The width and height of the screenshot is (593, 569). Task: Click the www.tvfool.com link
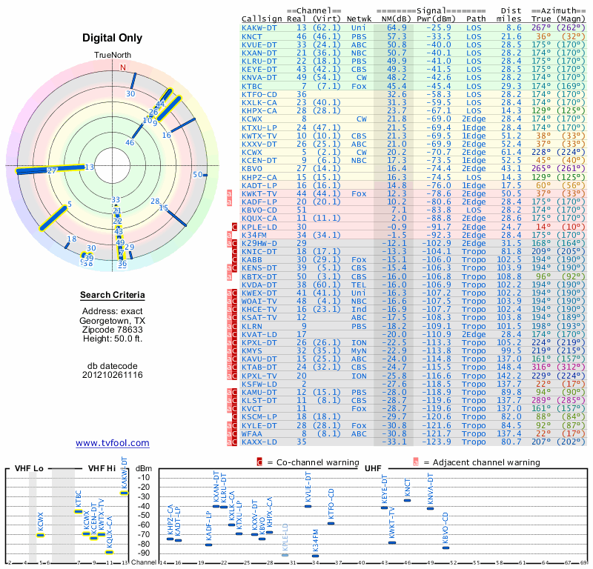point(113,443)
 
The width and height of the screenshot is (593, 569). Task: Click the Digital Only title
point(113,38)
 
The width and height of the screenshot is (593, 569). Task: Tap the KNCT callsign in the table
point(252,36)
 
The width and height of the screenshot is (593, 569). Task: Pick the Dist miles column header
point(511,14)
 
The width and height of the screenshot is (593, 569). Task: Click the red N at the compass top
point(124,67)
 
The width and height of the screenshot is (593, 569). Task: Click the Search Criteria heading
point(113,296)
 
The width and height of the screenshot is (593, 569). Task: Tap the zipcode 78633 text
point(113,330)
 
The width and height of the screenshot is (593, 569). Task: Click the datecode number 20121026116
point(113,375)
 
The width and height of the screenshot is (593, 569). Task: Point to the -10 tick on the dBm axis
point(144,477)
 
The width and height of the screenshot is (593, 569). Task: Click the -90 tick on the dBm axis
point(144,553)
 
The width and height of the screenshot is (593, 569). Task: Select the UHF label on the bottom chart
point(375,468)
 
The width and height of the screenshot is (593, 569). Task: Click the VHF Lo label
point(29,468)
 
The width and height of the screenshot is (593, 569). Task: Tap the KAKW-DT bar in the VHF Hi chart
point(125,493)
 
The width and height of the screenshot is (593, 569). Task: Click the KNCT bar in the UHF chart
point(407,501)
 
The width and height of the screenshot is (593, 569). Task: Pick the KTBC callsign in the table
point(252,87)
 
